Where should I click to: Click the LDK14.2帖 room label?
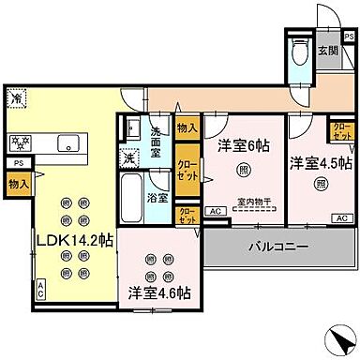click(x=74, y=241)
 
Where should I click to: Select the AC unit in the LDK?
click(x=40, y=292)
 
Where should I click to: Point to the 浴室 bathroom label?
click(x=158, y=198)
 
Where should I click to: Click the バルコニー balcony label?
click(x=278, y=248)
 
